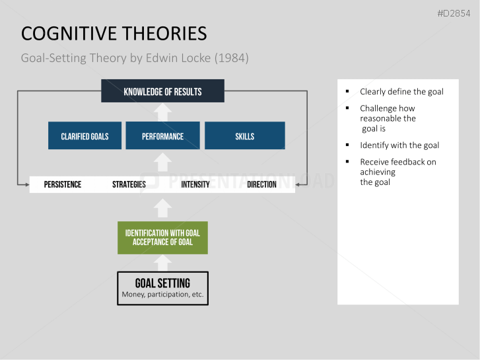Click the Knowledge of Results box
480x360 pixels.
pos(162,91)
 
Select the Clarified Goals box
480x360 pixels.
pos(85,136)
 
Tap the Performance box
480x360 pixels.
pos(162,136)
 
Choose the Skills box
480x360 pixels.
pos(244,136)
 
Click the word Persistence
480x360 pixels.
pos(63,184)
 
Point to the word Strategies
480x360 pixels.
pos(129,184)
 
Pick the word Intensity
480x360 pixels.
pos(195,184)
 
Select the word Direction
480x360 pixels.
pos(261,184)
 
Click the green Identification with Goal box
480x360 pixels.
pos(162,238)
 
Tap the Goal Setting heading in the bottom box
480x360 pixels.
pos(162,283)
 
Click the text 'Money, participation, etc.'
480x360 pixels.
pos(162,295)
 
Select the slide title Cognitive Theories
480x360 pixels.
pos(114,34)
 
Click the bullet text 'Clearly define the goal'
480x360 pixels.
pos(401,92)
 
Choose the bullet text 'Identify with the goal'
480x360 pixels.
pos(399,145)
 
